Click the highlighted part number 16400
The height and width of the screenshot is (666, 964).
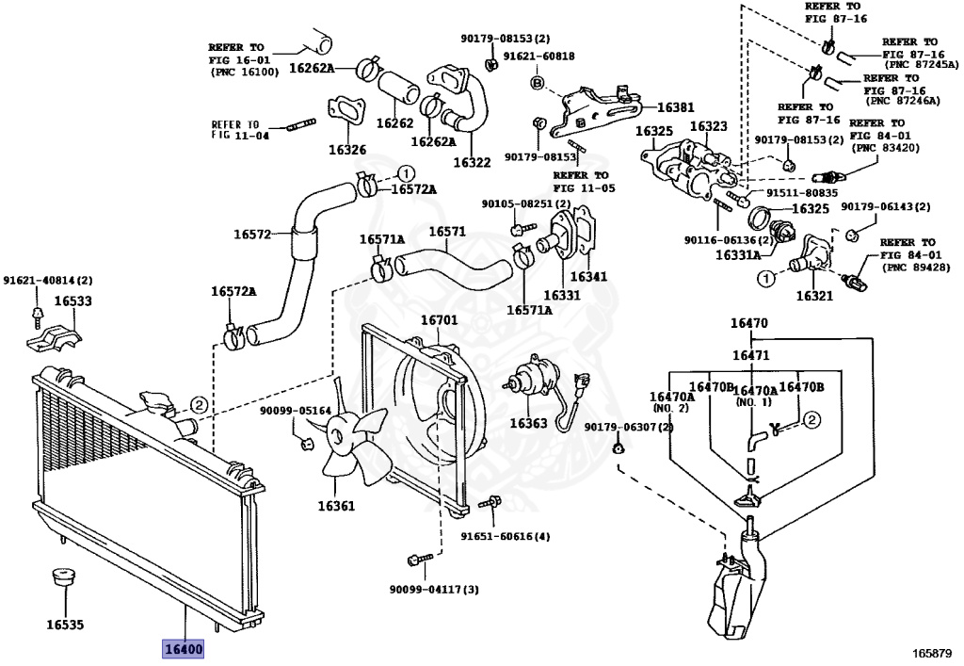pos(183,649)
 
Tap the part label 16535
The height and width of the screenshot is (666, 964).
pos(66,623)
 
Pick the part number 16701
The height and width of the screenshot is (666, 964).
pos(439,320)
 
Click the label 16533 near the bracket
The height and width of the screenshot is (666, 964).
pos(72,301)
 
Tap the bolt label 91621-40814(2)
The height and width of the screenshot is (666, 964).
pos(47,280)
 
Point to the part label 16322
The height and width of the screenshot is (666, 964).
pos(472,162)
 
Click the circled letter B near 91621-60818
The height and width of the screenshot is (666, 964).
pos(537,83)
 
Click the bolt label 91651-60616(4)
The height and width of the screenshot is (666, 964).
pos(505,536)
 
